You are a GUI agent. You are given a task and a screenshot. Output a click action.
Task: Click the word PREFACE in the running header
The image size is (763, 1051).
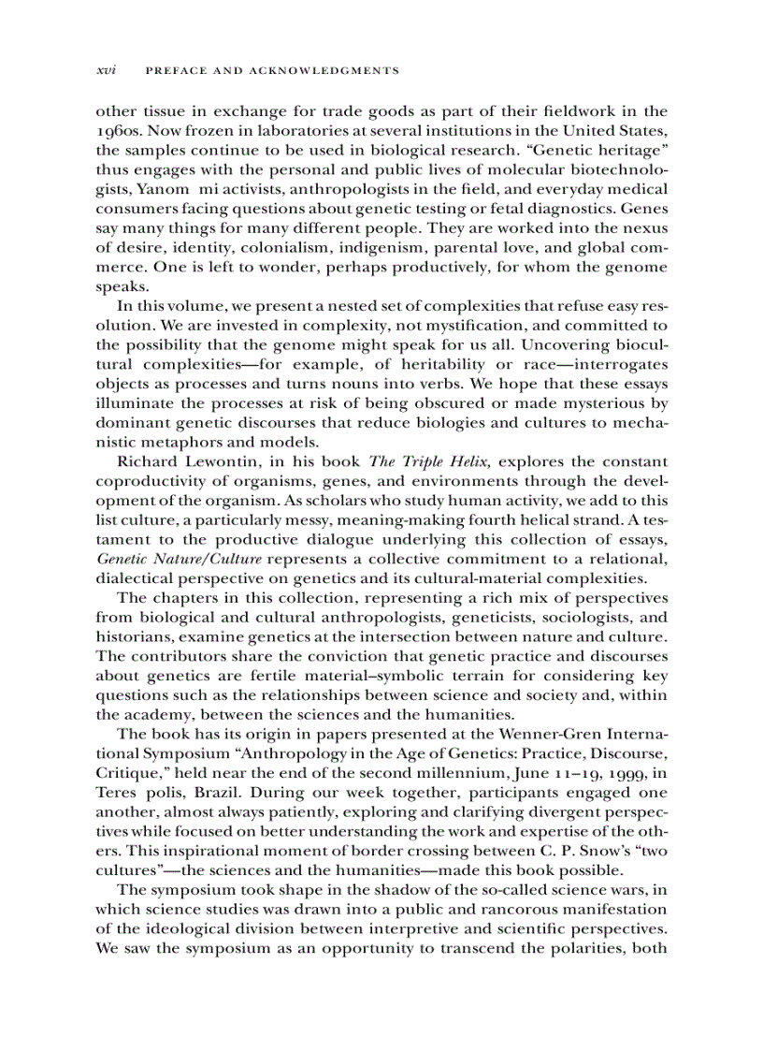180,71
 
